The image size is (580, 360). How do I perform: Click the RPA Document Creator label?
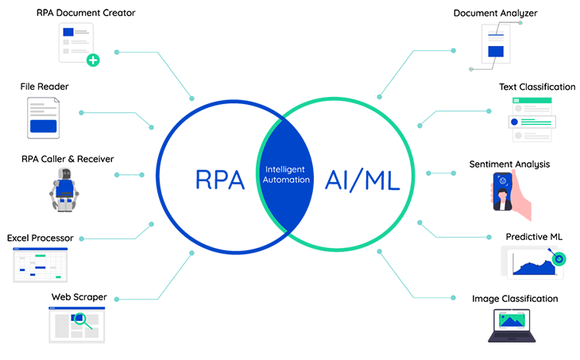[x=86, y=14]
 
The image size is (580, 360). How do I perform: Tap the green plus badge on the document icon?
[x=93, y=60]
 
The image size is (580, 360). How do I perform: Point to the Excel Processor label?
[x=40, y=238]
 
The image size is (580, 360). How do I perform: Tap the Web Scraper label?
[x=79, y=297]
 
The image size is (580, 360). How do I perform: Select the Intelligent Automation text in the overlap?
[x=288, y=174]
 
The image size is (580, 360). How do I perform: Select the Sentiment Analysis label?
[x=521, y=165]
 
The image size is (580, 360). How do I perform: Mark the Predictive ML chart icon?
[x=533, y=262]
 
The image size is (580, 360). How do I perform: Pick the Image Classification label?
[x=515, y=299]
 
